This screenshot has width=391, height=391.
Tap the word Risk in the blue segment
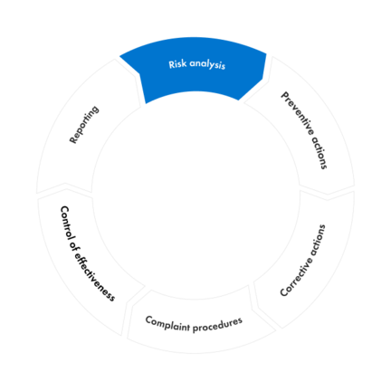tap(177, 65)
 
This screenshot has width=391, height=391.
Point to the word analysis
tap(206, 65)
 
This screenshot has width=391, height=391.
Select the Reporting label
tap(83, 124)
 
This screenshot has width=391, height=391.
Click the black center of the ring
tap(195, 195)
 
